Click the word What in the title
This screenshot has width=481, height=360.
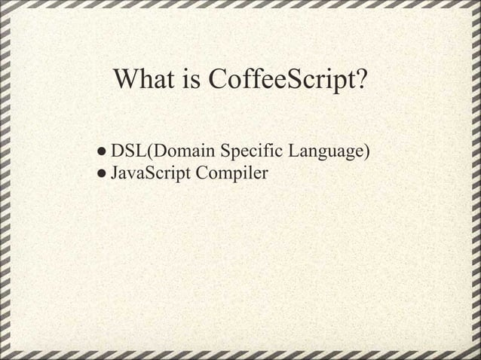[143, 78]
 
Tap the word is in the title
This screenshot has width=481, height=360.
[191, 78]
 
